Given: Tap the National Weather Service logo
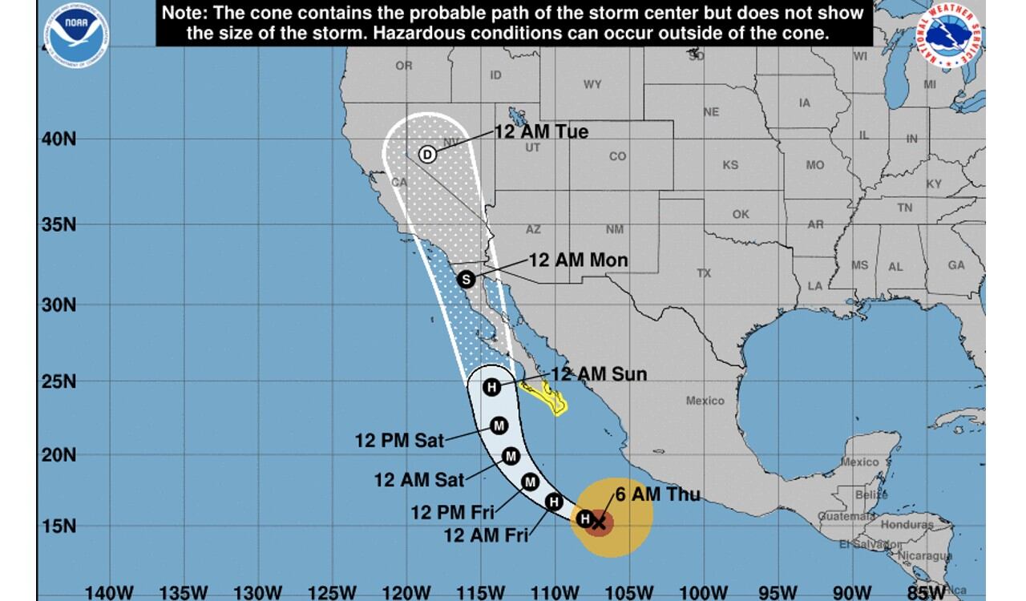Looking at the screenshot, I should (x=949, y=37).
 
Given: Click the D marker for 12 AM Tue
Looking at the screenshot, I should (x=427, y=155).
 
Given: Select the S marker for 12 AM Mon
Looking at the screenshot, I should (x=466, y=280).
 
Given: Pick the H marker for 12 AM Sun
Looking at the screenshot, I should (x=492, y=387).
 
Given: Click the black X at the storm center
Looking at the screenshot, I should (x=598, y=522).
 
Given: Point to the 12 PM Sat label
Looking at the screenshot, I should (x=399, y=440).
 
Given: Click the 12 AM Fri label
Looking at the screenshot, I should (x=486, y=536).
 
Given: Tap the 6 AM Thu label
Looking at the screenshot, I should (x=657, y=494).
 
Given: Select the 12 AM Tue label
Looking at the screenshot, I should (x=541, y=132).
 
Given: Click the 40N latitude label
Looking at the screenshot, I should (x=59, y=139).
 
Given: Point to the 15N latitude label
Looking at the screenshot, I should (x=59, y=526).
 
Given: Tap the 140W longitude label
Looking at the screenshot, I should (x=109, y=593).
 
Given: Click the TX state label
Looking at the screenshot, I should (x=704, y=273).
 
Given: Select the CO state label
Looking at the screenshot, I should (x=617, y=156).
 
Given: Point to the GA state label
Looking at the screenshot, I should (x=956, y=265).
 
